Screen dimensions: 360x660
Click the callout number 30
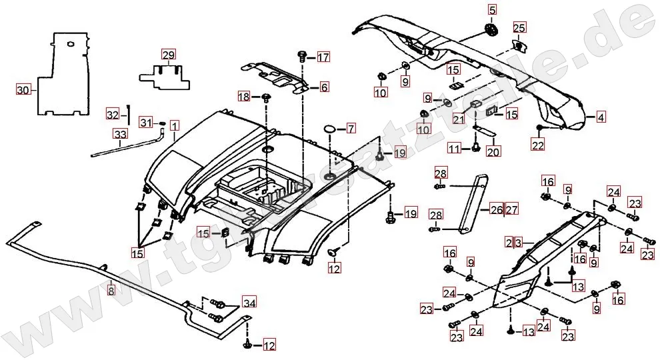(23, 89)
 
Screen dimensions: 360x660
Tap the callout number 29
(168, 55)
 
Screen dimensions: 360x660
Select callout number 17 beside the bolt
(323, 57)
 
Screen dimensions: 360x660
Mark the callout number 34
(249, 303)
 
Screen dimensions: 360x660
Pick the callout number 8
(111, 290)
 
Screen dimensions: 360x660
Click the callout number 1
(174, 125)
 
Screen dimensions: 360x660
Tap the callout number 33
(119, 135)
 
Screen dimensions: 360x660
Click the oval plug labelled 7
(331, 127)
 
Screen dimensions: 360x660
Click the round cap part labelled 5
(492, 30)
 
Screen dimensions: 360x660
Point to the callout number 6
(324, 87)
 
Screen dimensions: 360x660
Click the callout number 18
(244, 97)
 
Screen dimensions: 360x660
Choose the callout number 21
(458, 119)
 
